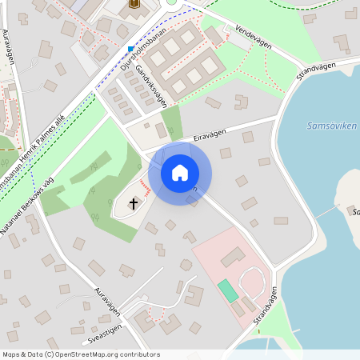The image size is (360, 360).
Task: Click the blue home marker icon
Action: click(x=180, y=173)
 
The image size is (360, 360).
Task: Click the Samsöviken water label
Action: click(x=332, y=126)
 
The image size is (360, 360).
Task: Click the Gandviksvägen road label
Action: click(x=151, y=86)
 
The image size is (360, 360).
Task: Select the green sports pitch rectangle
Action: click(x=229, y=290)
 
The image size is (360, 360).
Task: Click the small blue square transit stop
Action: click(x=130, y=48)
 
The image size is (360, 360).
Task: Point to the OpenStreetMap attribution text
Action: click(x=80, y=354)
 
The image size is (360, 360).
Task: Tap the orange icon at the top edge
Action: click(x=134, y=4)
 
